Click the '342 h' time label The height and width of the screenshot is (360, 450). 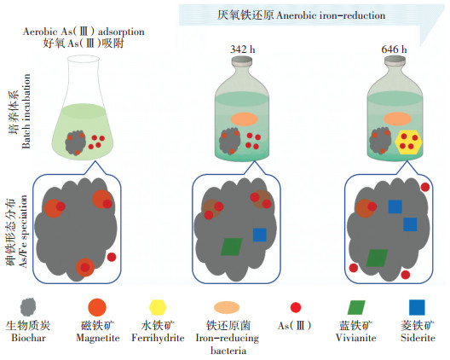243,49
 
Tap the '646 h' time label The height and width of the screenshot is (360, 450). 394,49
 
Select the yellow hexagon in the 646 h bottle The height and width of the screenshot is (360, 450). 408,142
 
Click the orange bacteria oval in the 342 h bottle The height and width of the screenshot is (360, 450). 245,119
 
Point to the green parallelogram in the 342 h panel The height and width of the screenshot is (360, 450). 232,247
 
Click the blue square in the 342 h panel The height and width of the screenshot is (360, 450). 260,235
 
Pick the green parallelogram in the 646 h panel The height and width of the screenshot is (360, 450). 377,258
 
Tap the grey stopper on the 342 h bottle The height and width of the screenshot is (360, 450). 242,61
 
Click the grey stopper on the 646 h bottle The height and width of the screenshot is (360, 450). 395,61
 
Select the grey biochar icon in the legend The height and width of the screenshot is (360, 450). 28,307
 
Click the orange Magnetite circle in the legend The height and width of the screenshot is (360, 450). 97,307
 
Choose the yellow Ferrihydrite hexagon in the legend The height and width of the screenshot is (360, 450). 158,307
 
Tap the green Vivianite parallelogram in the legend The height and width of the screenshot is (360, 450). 356,307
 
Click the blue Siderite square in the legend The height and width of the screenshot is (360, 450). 417,307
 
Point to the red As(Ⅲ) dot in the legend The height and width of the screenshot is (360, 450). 296,307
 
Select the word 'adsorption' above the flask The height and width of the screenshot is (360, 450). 121,32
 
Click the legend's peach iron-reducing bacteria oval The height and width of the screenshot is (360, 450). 227,307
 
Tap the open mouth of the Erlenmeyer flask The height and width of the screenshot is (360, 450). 84,59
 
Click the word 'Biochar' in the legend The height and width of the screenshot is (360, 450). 28,338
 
